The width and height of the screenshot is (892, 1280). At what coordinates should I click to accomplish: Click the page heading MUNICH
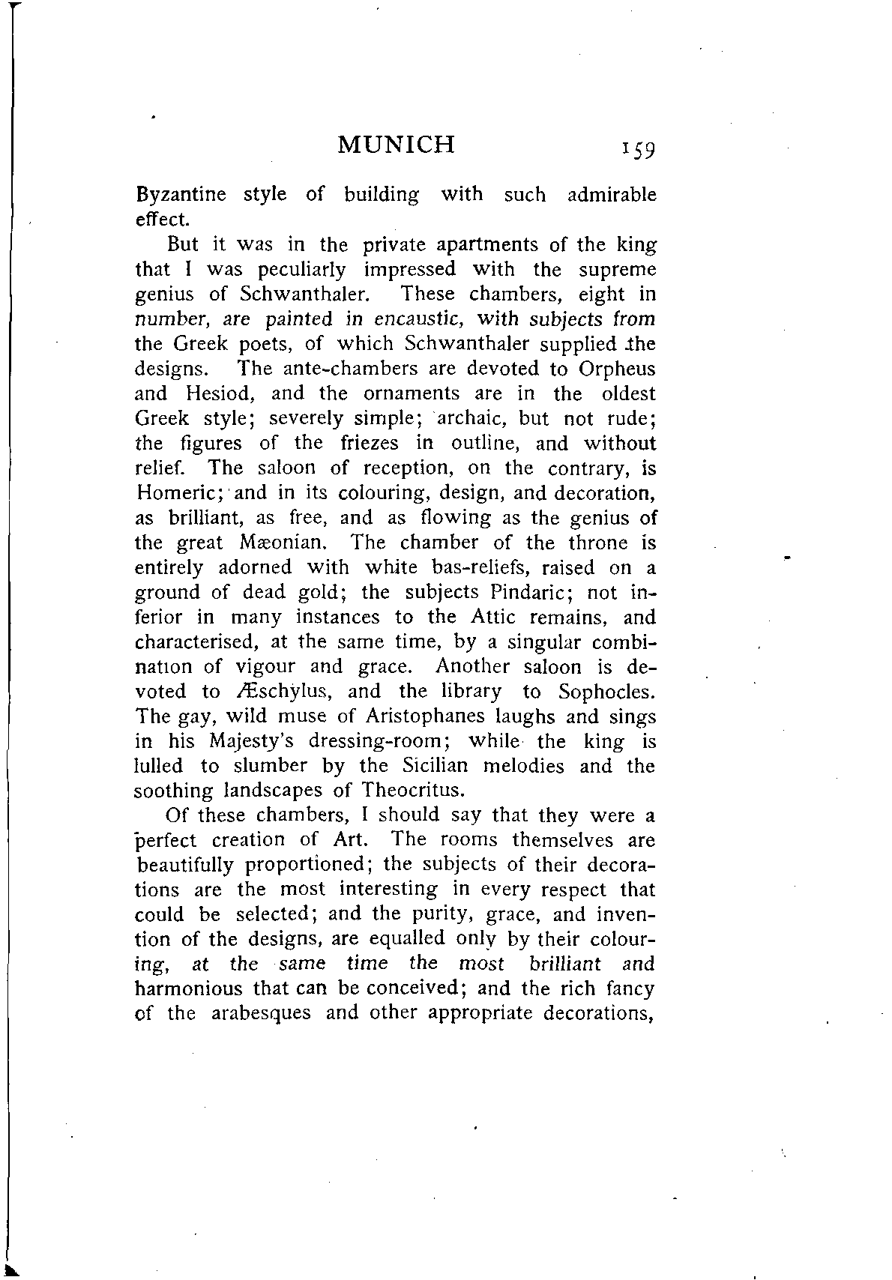(397, 143)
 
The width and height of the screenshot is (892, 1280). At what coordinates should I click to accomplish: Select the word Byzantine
(181, 196)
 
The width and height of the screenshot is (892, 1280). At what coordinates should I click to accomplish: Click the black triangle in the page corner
(10, 1269)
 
